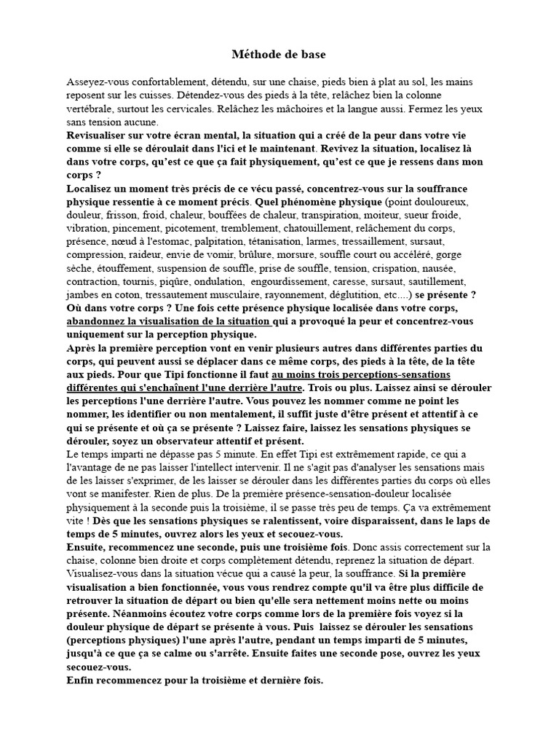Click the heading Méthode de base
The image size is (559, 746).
[x=279, y=55]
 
